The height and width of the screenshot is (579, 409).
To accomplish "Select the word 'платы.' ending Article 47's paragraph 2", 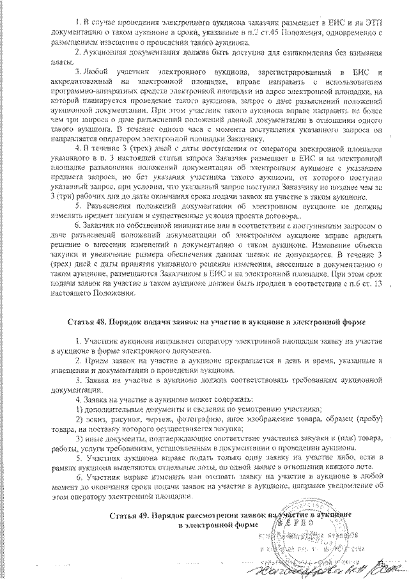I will pyautogui.click(x=61, y=61).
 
